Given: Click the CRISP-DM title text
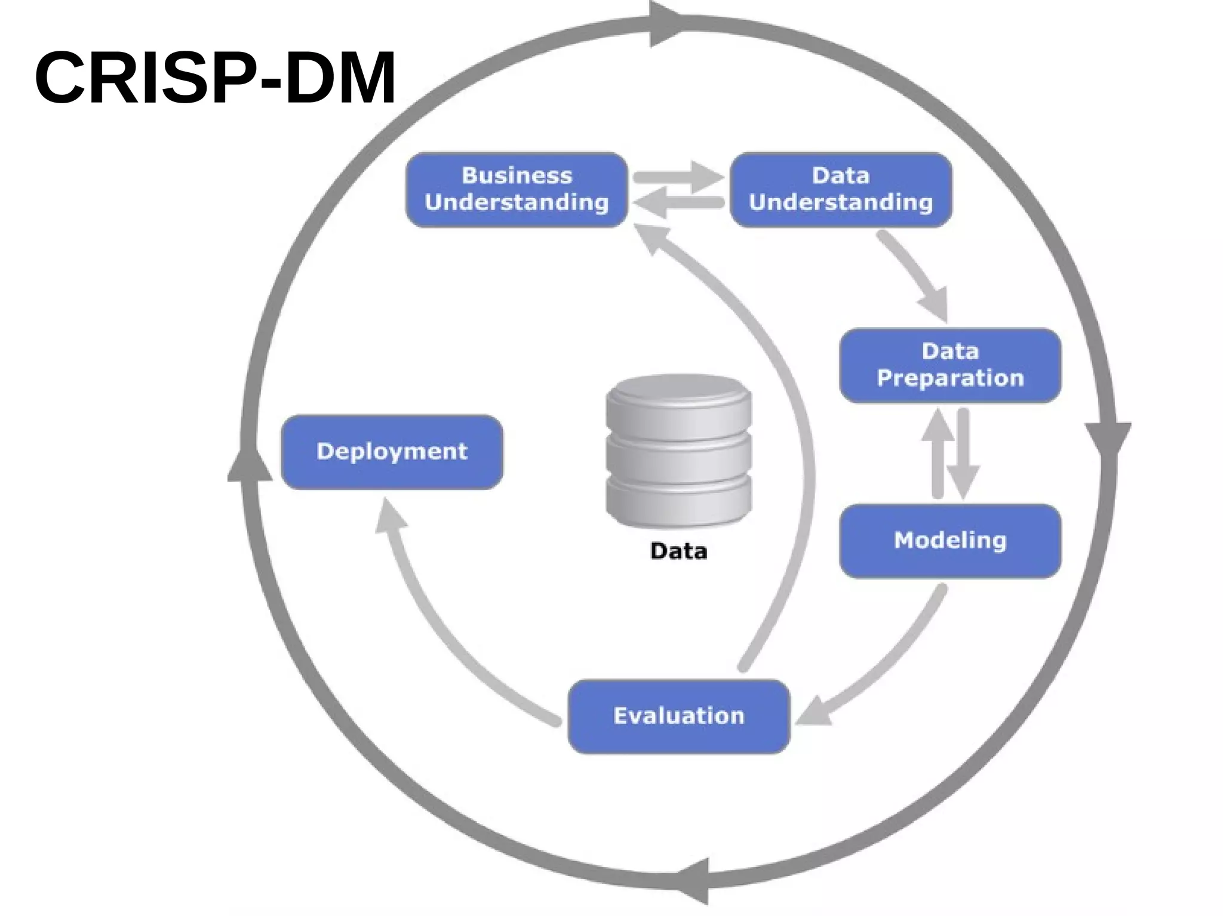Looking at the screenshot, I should point(215,78).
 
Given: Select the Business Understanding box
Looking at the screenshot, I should point(517,189).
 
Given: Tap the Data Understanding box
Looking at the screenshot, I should point(841,189).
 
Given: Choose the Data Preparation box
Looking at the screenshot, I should point(950,365).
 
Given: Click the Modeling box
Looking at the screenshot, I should point(950,541).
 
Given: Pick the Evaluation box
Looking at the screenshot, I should point(679,716).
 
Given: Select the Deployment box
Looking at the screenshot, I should point(392,452).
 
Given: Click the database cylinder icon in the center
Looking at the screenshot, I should point(679,451).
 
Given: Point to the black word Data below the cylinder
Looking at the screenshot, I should point(679,551).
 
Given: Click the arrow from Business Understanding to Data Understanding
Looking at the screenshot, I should point(678,177).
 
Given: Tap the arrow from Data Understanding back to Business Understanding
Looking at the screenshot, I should point(678,203).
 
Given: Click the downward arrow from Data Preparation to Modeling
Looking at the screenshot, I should point(963,454).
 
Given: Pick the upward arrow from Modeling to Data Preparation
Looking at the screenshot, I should point(938,454).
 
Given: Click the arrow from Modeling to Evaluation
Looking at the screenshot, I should point(884,662).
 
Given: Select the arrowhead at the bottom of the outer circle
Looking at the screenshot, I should point(693,881).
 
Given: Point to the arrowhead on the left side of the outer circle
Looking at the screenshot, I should point(250,462).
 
